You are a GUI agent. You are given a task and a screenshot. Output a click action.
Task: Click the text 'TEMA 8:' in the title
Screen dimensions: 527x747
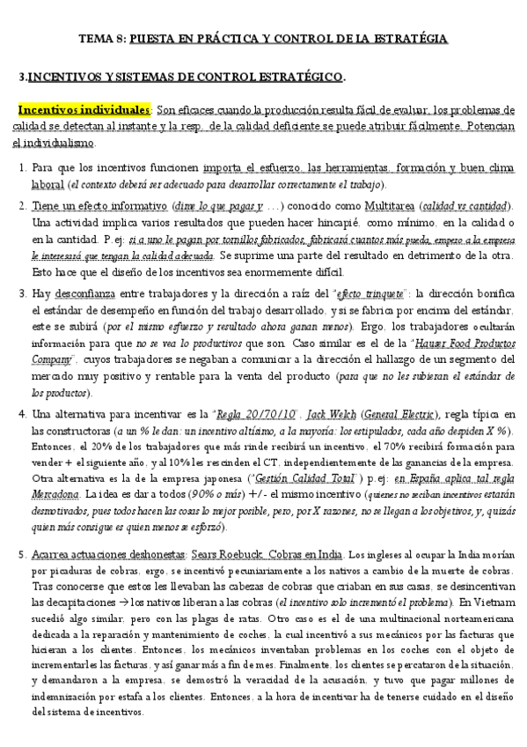point(103,39)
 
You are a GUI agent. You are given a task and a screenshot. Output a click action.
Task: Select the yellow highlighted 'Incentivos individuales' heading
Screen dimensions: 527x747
point(84,111)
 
